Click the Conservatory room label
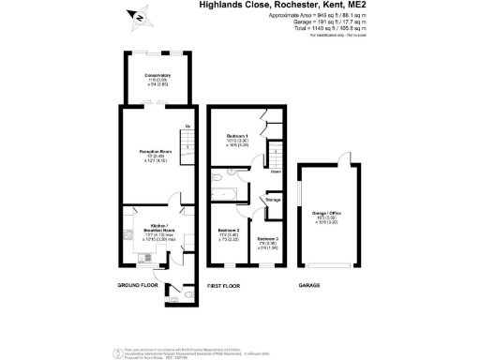point(157,76)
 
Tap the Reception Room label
point(157,150)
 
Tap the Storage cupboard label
point(273,200)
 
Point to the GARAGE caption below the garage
point(309,285)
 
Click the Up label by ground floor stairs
point(187,127)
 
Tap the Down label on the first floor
point(275,172)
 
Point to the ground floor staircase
point(187,142)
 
